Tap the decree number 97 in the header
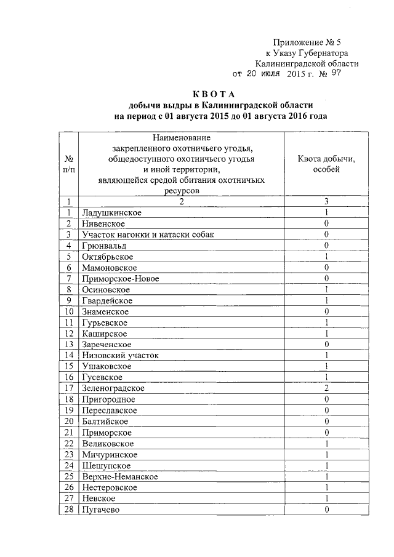(336, 73)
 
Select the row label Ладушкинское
(111, 212)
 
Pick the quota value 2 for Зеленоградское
(326, 388)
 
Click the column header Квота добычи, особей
(326, 164)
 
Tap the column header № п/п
(70, 164)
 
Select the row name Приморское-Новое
(120, 279)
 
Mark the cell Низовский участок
(120, 355)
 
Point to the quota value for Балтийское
(326, 422)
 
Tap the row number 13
(70, 344)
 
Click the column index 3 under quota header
(326, 201)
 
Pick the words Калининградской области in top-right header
(307, 63)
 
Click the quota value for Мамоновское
(326, 268)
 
